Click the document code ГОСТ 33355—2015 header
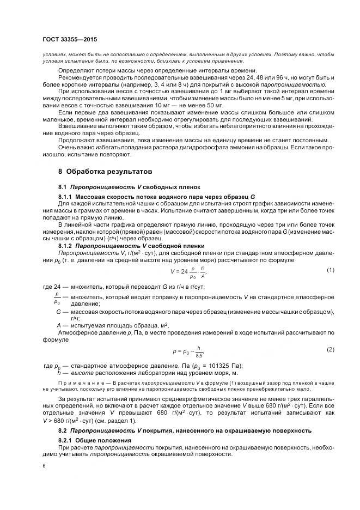[70, 40]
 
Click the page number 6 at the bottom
[45, 466]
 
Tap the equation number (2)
[330, 349]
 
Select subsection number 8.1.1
[65, 196]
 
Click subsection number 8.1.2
[65, 246]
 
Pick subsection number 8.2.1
[65, 439]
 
